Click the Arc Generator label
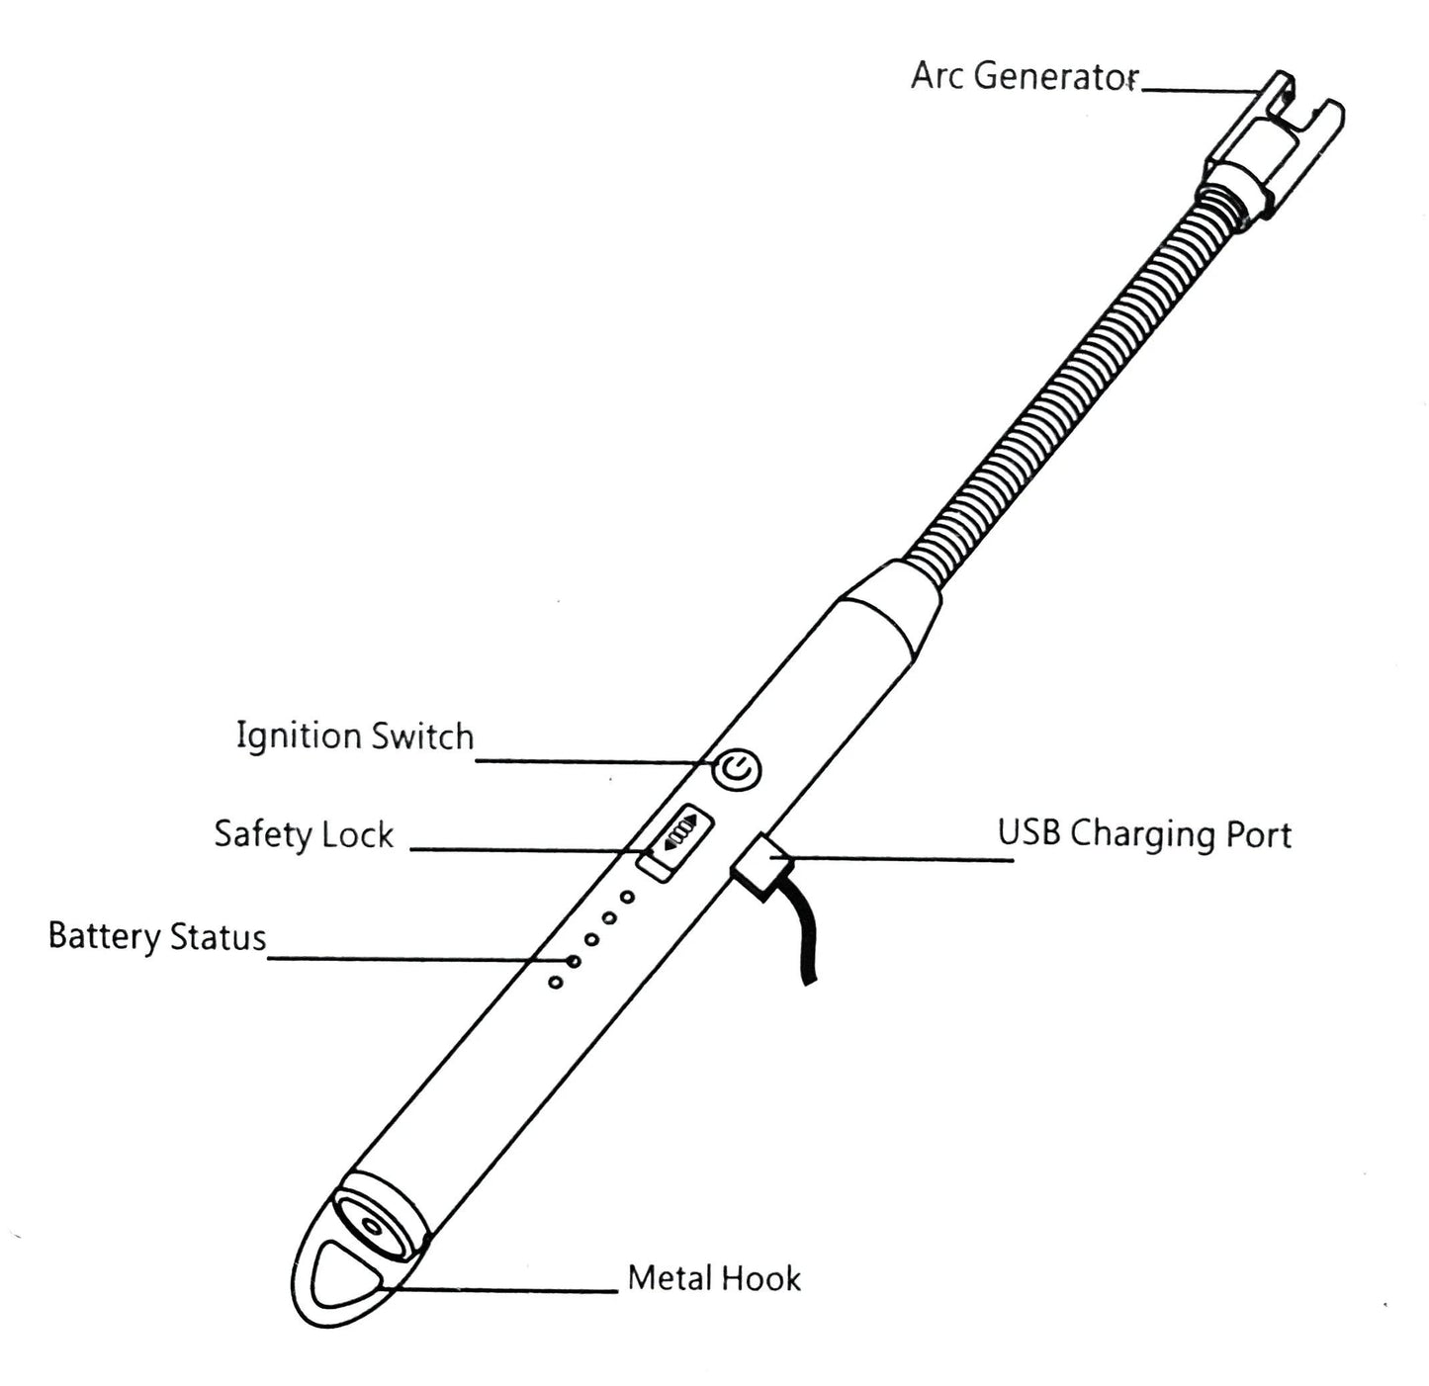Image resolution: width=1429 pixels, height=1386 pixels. (x=1025, y=76)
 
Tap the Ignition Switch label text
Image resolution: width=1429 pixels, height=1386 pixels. (x=355, y=736)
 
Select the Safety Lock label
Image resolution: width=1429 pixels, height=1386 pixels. (x=304, y=834)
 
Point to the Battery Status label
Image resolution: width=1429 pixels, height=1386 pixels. (x=157, y=936)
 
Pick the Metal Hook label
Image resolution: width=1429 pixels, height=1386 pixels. (x=714, y=1278)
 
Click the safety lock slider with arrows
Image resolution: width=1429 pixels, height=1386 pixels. (x=677, y=838)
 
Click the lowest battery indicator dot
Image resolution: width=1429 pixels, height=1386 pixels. (x=556, y=982)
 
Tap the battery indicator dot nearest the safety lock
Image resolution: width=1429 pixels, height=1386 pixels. (x=627, y=898)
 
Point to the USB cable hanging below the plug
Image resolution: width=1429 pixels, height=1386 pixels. (x=804, y=939)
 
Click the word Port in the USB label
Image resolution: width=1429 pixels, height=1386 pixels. (x=1259, y=834)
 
